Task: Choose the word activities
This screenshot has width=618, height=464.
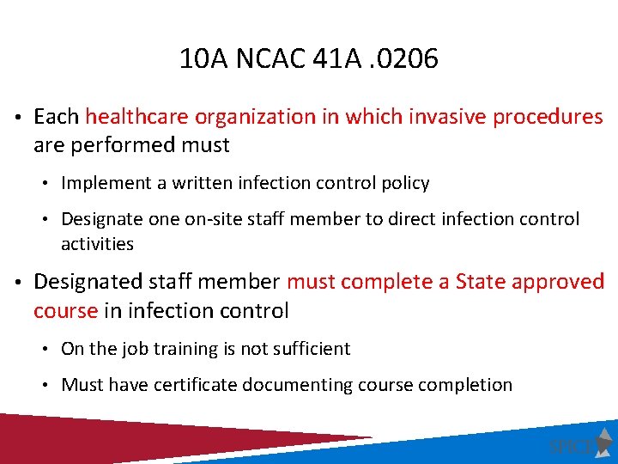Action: pyautogui.click(x=97, y=244)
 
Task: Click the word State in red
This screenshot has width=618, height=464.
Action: pyautogui.click(x=480, y=282)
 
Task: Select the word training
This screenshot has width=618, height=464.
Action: pyautogui.click(x=195, y=349)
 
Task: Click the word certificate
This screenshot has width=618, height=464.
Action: pyautogui.click(x=197, y=385)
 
